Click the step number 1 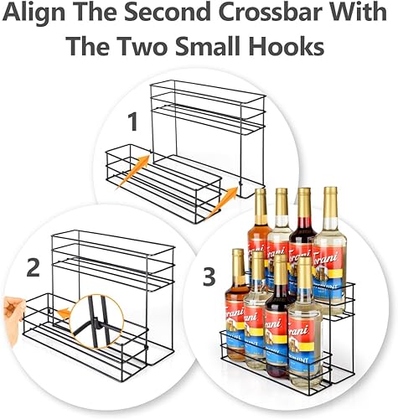click(132, 123)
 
